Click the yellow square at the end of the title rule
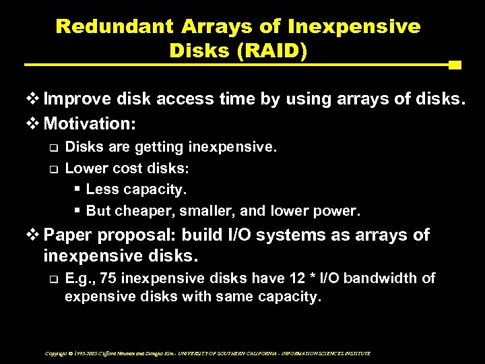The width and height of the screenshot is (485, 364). [x=454, y=65]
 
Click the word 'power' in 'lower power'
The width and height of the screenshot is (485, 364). [x=339, y=212]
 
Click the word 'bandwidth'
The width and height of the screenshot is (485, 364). [x=385, y=278]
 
